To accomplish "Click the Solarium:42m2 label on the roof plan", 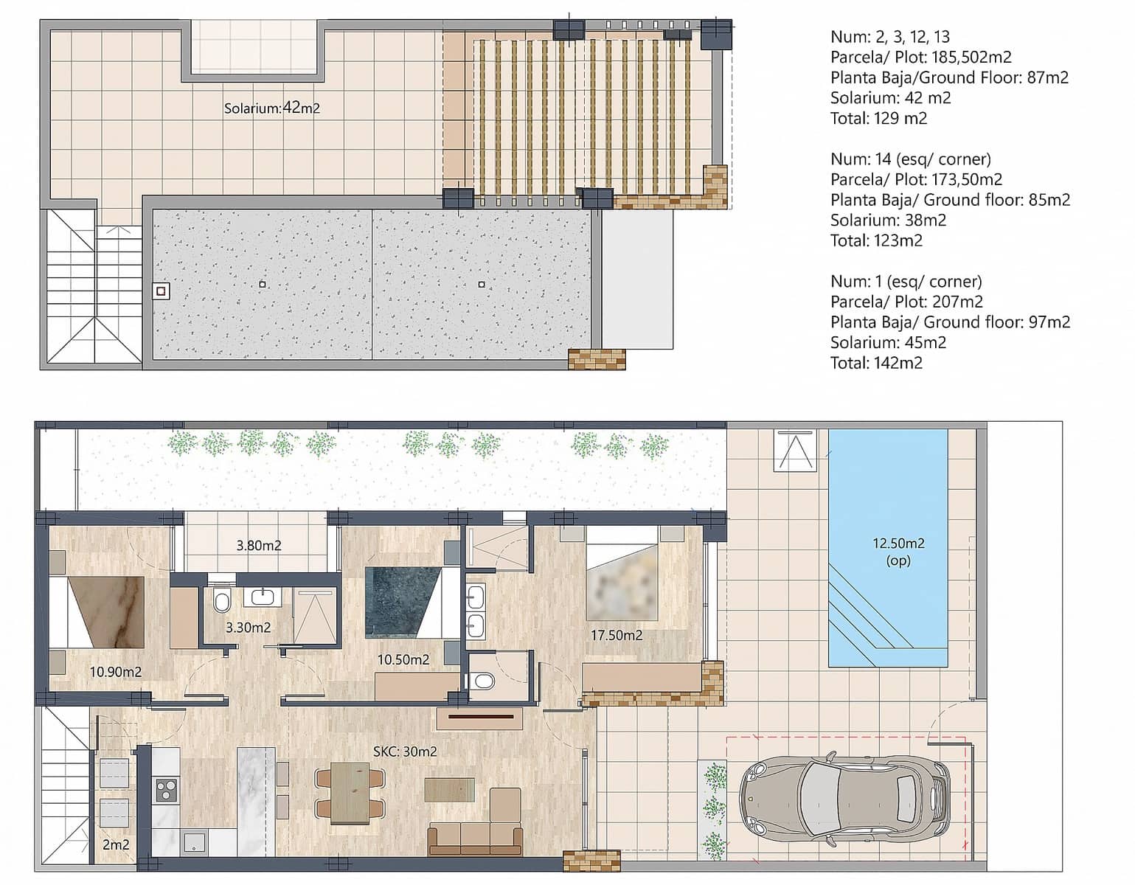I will coord(271,108).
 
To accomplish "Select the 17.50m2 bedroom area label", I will coord(616,634).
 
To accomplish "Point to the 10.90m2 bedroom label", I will coord(116,671).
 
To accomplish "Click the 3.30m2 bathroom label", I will coord(248,628).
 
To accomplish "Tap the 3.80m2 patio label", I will coord(259,546).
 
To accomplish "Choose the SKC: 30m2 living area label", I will coord(405,752).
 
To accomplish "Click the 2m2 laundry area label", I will coord(116,844).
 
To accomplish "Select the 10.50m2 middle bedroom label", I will coord(403,659).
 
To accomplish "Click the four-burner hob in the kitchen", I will coord(166,790).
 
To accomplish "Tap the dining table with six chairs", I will coord(350,793).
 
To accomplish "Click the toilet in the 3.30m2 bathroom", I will coord(221,601).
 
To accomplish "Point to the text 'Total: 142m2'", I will coord(876,363).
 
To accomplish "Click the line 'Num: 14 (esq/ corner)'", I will coord(910,159).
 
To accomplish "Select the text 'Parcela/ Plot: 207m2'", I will coord(906,302).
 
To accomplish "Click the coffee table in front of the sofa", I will coord(450,789).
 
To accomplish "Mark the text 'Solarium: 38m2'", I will coord(888,220).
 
